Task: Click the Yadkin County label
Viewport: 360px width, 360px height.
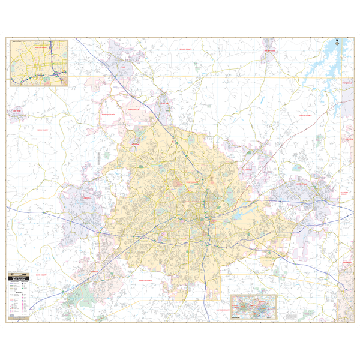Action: pos(44,129)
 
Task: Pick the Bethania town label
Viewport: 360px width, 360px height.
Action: pos(135,145)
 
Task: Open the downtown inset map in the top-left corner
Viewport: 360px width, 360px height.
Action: pos(39,62)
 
